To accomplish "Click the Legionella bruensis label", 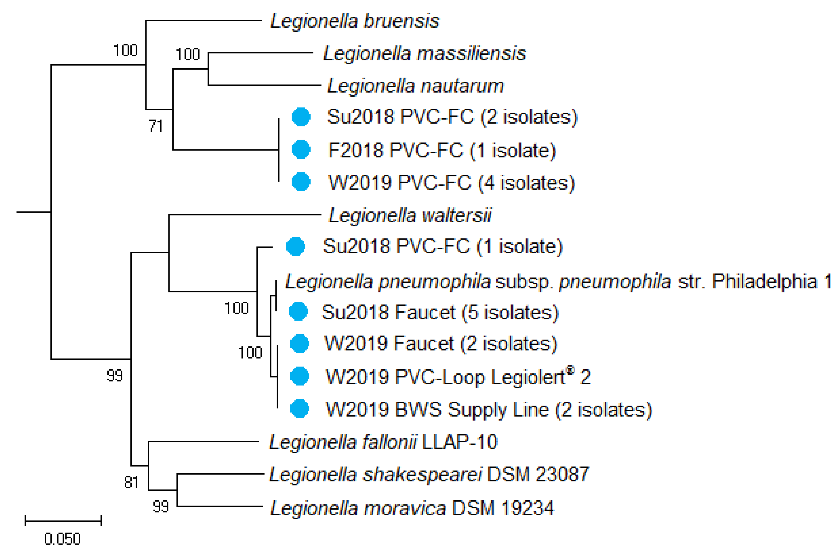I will [355, 21].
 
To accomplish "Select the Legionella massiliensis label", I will [424, 54].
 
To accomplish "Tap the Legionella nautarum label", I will [416, 86].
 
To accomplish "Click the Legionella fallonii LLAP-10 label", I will [383, 442].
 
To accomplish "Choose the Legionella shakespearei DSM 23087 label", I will [429, 474].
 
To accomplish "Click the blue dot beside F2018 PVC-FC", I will [301, 149].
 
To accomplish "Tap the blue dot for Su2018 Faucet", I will [298, 311].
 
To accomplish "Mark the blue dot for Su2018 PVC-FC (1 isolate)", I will [295, 246].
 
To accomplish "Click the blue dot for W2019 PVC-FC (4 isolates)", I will [301, 182].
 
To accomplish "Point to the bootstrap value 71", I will [156, 126].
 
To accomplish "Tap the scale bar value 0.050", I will [63, 539].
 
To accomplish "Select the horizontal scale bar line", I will [63, 521].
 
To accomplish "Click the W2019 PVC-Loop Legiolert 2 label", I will [458, 377].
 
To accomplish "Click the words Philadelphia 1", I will [771, 282].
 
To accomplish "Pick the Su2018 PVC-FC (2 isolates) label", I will [452, 117].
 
